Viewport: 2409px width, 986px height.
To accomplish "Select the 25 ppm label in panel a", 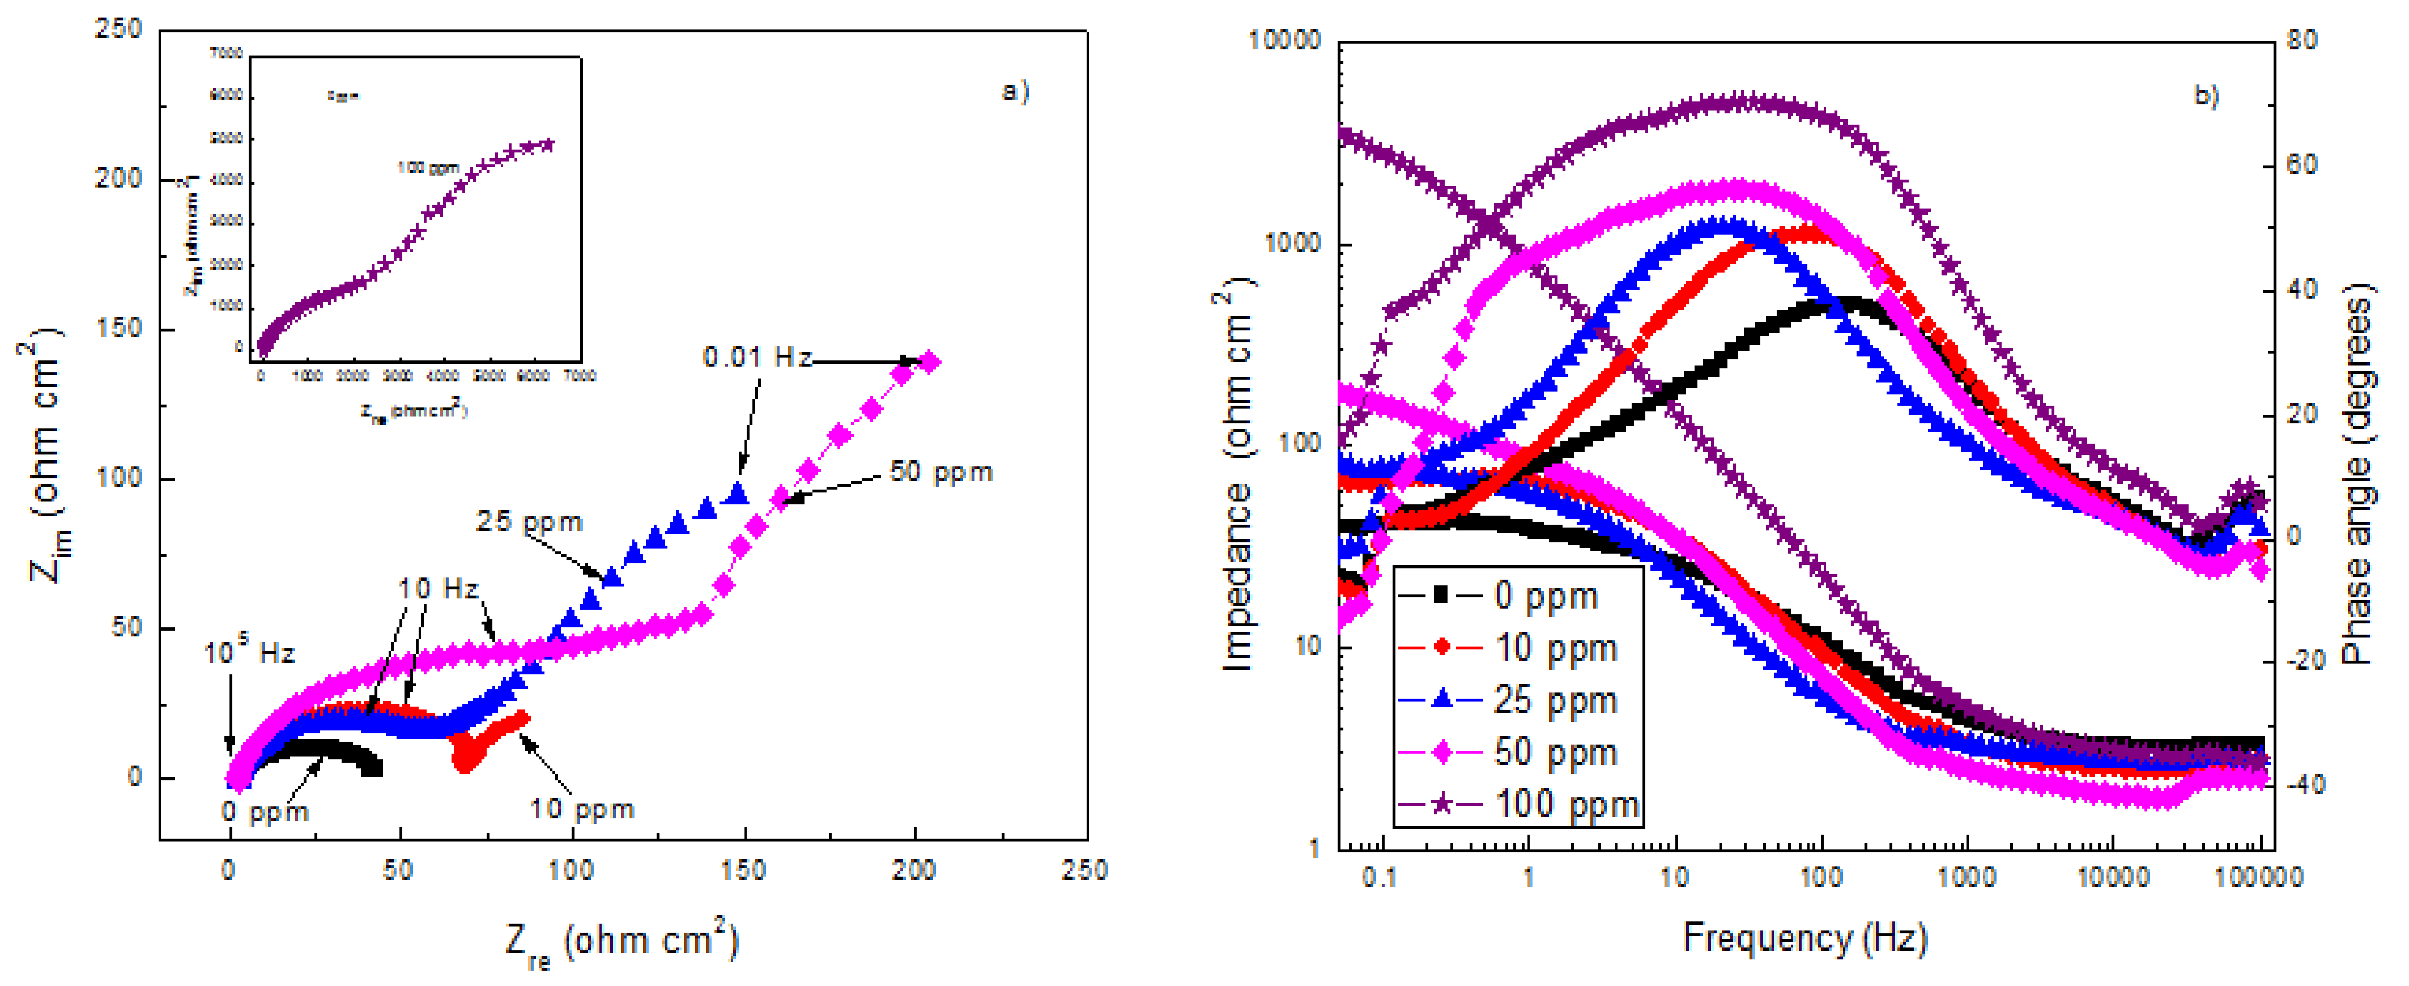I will tap(529, 522).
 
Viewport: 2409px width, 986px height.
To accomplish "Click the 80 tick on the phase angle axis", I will tap(2302, 40).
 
